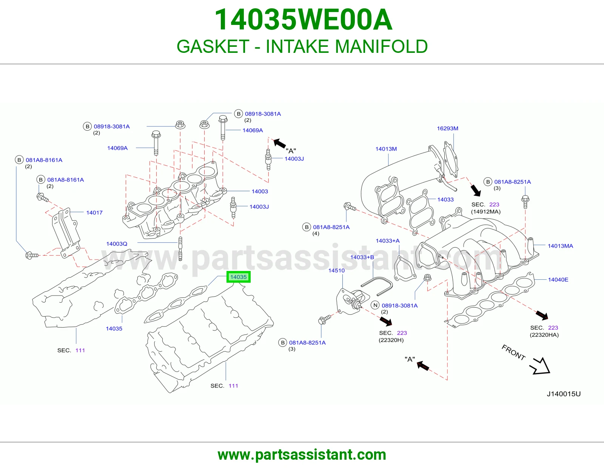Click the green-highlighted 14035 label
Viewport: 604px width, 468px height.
tap(238, 277)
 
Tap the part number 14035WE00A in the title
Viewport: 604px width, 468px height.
tap(303, 20)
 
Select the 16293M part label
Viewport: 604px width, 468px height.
tap(447, 128)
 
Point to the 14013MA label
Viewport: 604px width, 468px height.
tap(560, 246)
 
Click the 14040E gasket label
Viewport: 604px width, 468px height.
tap(558, 280)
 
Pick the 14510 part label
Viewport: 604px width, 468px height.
tap(336, 270)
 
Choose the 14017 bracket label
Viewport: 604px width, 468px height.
tap(94, 212)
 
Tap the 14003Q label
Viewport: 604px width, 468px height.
tap(117, 244)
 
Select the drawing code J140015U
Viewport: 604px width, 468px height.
tap(563, 394)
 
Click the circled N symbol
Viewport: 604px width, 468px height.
tap(375, 305)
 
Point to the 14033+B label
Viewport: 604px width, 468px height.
tap(362, 257)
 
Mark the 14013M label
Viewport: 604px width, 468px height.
tap(386, 149)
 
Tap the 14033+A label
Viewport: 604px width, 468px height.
tap(387, 241)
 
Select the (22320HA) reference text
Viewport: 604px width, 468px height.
tap(544, 335)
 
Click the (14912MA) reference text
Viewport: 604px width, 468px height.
tap(485, 211)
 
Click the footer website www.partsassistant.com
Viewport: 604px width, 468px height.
tap(302, 455)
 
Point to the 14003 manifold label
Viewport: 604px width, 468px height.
tap(260, 191)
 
